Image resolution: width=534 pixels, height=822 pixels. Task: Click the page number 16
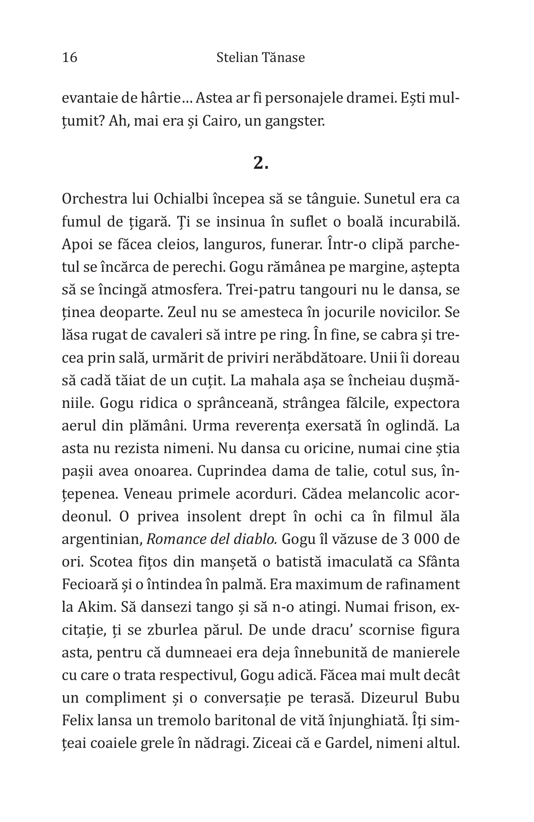[x=70, y=57]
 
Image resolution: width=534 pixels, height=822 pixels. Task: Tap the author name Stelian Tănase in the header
[x=260, y=57]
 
